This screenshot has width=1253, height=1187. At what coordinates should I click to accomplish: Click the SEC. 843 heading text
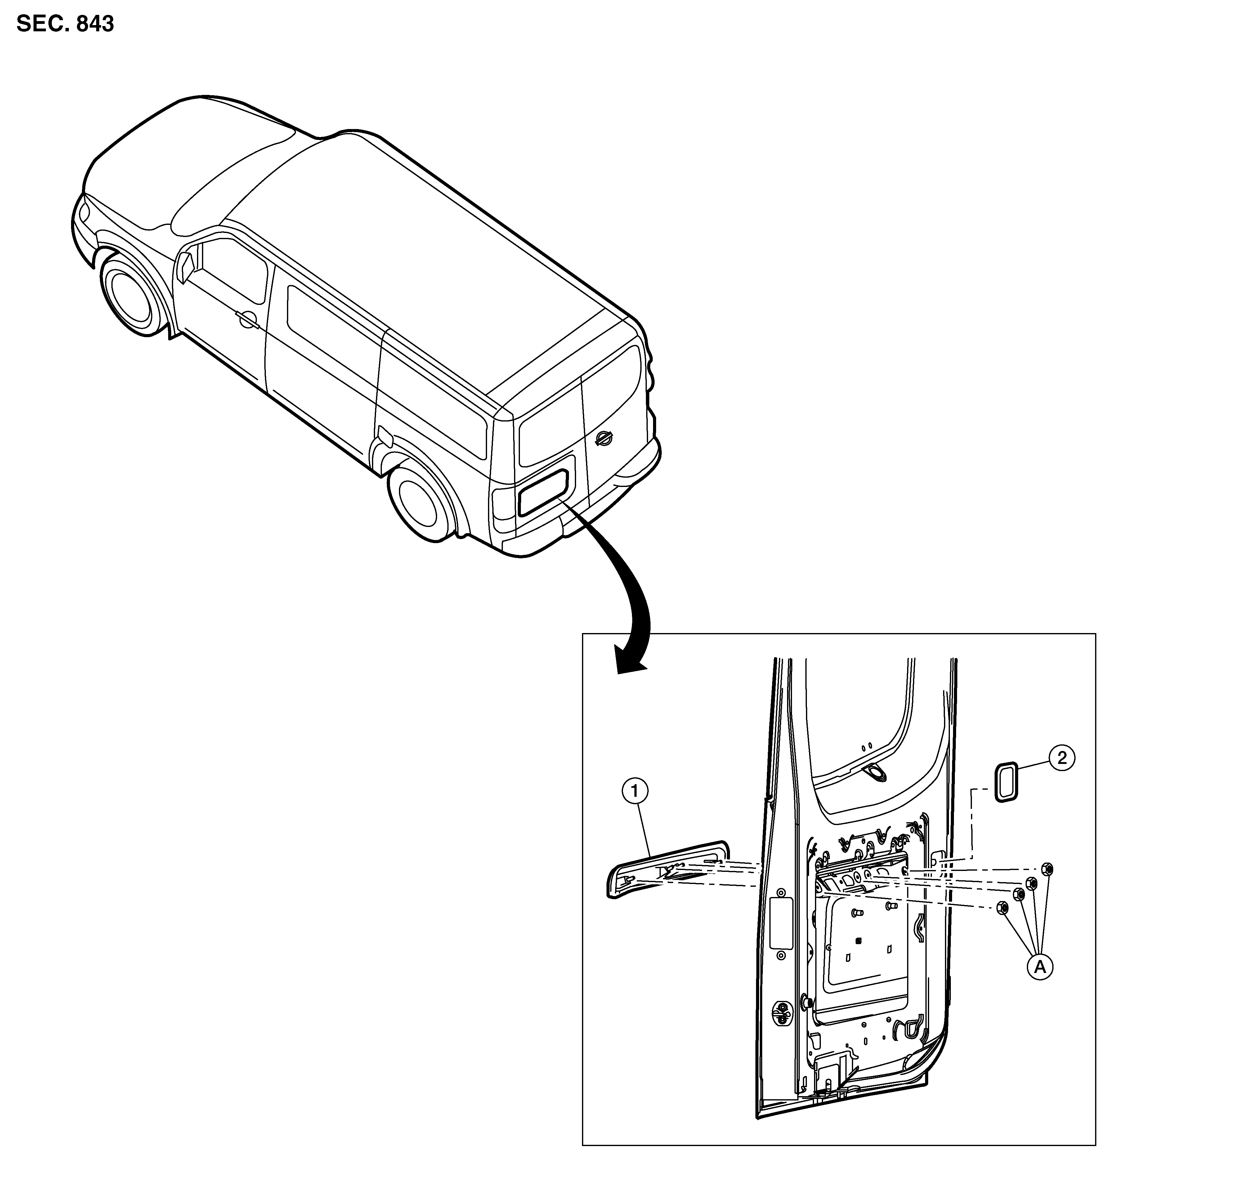pyautogui.click(x=65, y=24)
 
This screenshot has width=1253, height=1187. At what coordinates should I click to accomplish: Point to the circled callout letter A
pyautogui.click(x=1040, y=984)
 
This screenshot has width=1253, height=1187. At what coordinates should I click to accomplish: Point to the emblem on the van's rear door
pyautogui.click(x=604, y=438)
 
